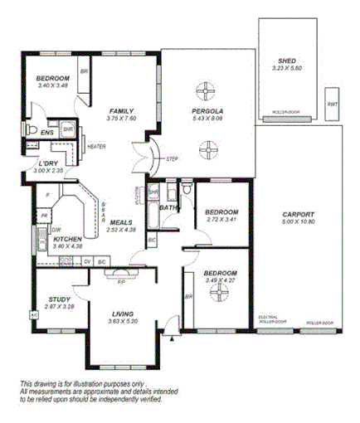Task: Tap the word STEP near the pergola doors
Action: (x=172, y=158)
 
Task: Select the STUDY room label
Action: (x=59, y=300)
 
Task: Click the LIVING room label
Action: (x=122, y=314)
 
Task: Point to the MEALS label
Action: (x=121, y=221)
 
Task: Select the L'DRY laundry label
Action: (x=49, y=164)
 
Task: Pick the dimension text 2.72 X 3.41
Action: (x=221, y=220)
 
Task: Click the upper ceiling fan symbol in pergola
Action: (x=207, y=90)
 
